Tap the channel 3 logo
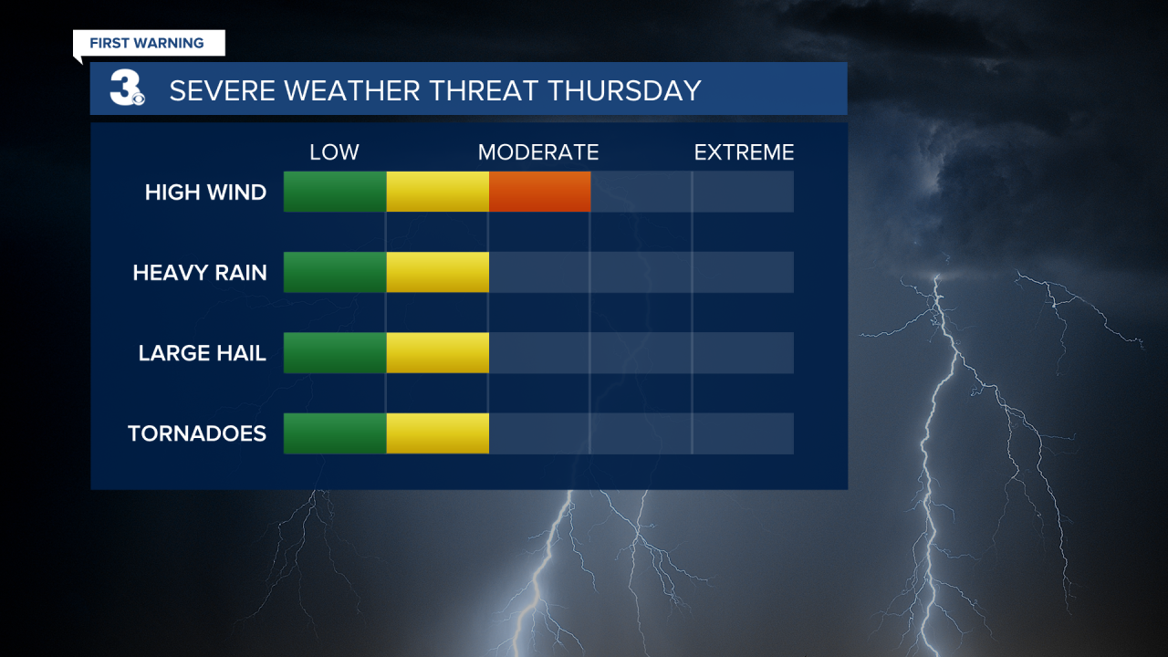pyautogui.click(x=127, y=89)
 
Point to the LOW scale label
pyautogui.click(x=334, y=152)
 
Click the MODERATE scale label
pyautogui.click(x=538, y=152)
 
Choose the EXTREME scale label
pyautogui.click(x=744, y=152)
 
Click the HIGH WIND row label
pyautogui.click(x=205, y=193)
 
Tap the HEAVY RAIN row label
pyautogui.click(x=200, y=273)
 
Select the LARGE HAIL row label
pyautogui.click(x=202, y=353)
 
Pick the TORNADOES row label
pyautogui.click(x=197, y=433)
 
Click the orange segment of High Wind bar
pyautogui.click(x=539, y=192)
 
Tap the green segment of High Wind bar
pyautogui.click(x=335, y=192)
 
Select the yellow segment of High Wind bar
pyautogui.click(x=437, y=192)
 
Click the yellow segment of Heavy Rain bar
pyautogui.click(x=437, y=272)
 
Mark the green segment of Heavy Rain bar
pyautogui.click(x=335, y=272)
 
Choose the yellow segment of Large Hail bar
pyautogui.click(x=437, y=353)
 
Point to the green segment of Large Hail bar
pyautogui.click(x=335, y=353)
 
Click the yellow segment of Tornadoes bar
pyautogui.click(x=437, y=433)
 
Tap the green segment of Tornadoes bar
pyautogui.click(x=335, y=433)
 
